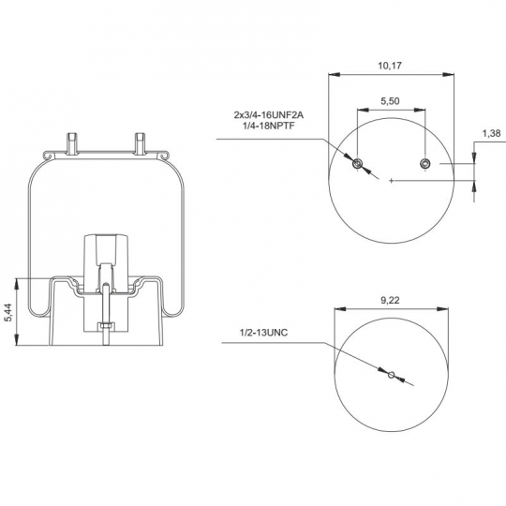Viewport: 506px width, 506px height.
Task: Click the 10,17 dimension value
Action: click(x=390, y=66)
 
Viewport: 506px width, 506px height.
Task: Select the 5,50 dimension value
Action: click(x=390, y=101)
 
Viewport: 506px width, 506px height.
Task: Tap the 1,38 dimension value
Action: click(x=491, y=133)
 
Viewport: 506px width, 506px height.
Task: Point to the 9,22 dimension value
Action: click(x=390, y=301)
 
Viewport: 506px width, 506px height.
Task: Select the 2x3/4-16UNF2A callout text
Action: click(x=269, y=115)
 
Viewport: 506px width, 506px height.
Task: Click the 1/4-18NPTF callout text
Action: click(x=269, y=126)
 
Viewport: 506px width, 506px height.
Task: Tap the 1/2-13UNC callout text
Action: click(x=263, y=333)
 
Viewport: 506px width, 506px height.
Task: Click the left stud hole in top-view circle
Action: click(x=357, y=164)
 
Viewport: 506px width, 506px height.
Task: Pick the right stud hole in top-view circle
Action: click(x=424, y=164)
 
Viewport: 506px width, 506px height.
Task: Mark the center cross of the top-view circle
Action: click(x=391, y=181)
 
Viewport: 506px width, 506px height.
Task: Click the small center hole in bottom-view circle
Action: click(x=391, y=375)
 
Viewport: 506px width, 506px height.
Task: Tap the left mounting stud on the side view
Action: click(x=72, y=143)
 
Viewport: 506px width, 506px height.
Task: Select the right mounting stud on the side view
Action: click(x=140, y=143)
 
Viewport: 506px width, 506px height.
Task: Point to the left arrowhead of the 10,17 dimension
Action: click(x=335, y=75)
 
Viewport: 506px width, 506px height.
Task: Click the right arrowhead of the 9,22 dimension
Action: click(x=442, y=309)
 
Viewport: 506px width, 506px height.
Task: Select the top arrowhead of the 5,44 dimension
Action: click(x=17, y=284)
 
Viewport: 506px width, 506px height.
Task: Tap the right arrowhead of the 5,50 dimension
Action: click(x=420, y=110)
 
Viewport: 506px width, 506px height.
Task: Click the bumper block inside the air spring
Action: click(x=106, y=259)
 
